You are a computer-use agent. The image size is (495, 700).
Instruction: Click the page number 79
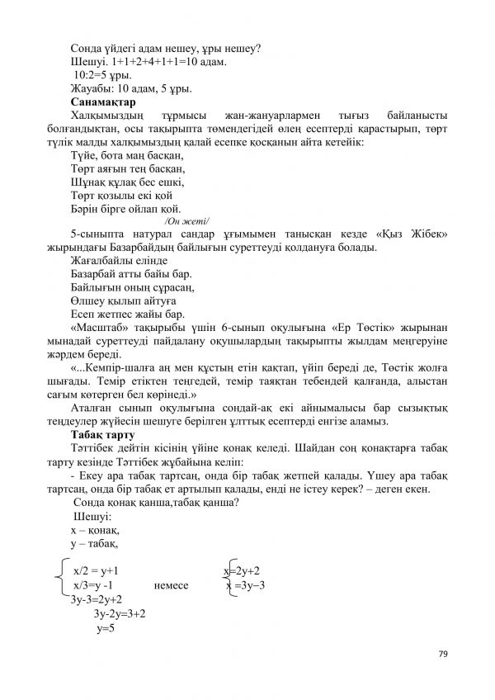[x=442, y=654]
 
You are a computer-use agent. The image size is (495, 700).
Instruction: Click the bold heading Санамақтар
[x=103, y=102]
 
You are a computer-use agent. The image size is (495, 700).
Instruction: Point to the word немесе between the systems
[x=172, y=585]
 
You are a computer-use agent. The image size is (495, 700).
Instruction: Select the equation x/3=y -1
[x=98, y=585]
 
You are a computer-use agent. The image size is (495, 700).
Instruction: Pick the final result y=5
[x=105, y=628]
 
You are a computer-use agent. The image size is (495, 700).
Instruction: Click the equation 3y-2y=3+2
[x=120, y=614]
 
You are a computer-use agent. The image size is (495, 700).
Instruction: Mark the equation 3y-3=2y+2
[x=97, y=599]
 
